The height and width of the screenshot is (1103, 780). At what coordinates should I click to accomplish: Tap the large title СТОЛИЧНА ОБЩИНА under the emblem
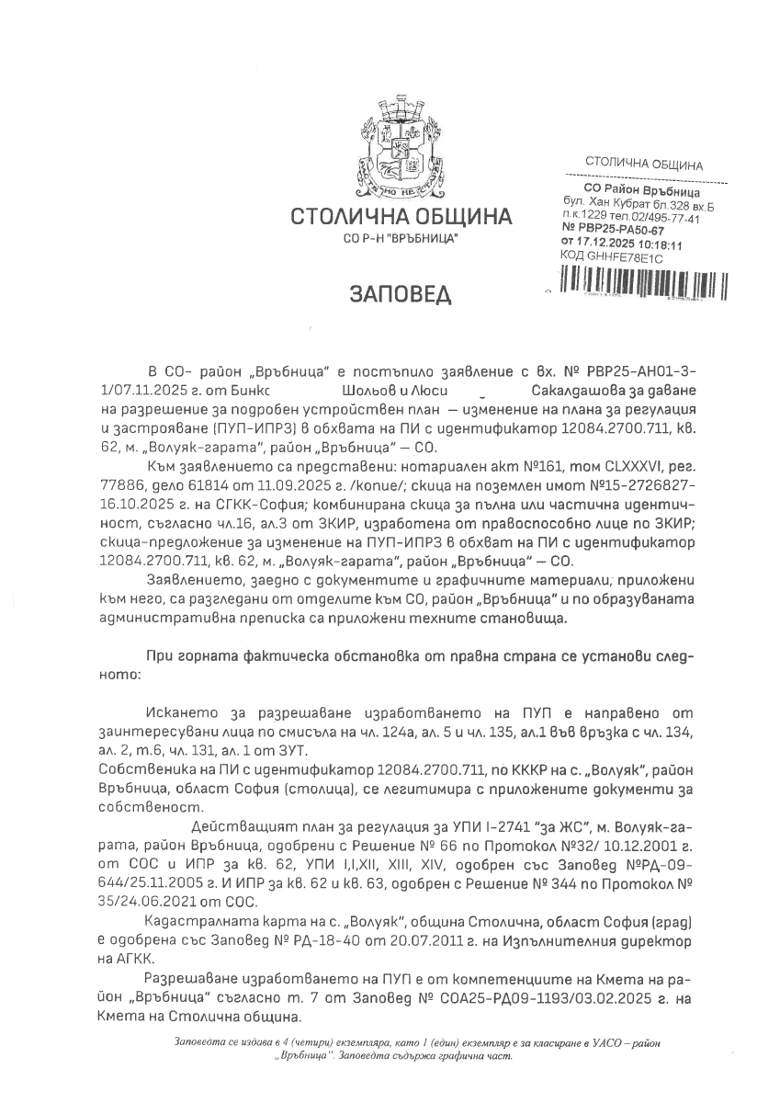tap(401, 218)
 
